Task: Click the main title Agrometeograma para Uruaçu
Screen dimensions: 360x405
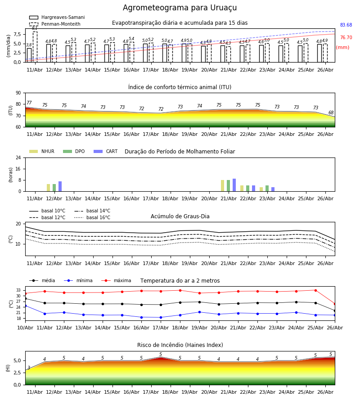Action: pyautogui.click(x=180, y=8)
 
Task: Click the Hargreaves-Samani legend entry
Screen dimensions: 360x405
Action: pyautogui.click(x=57, y=17)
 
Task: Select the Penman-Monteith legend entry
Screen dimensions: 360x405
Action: pyautogui.click(x=55, y=24)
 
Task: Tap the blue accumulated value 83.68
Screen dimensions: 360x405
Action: pyautogui.click(x=346, y=25)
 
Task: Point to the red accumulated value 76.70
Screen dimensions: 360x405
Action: pyautogui.click(x=346, y=37)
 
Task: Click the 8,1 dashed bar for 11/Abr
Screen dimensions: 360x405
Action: pyautogui.click(x=35, y=47)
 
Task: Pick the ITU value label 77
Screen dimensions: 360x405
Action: pyautogui.click(x=29, y=103)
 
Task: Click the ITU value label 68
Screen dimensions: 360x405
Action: pyautogui.click(x=331, y=112)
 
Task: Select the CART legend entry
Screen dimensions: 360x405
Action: pyautogui.click(x=106, y=151)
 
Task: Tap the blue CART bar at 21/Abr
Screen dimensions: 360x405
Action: pyautogui.click(x=234, y=185)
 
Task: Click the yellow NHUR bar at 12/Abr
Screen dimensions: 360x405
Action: pyautogui.click(x=48, y=188)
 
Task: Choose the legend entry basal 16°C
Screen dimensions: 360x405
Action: pyautogui.click(x=92, y=217)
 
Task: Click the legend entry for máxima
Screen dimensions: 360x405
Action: pyautogui.click(x=116, y=280)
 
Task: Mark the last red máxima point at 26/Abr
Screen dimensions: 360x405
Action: pyautogui.click(x=335, y=304)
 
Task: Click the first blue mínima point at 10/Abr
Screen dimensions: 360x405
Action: pyautogui.click(x=25, y=306)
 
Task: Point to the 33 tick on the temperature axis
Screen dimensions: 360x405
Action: pyautogui.click(x=18, y=290)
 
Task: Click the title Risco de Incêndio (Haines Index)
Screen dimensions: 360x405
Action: pyautogui.click(x=180, y=345)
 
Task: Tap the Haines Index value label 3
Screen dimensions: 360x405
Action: pyautogui.click(x=29, y=368)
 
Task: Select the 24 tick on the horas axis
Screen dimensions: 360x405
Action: pyautogui.click(x=18, y=157)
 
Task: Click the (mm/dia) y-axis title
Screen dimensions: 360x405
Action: pyautogui.click(x=8, y=46)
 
